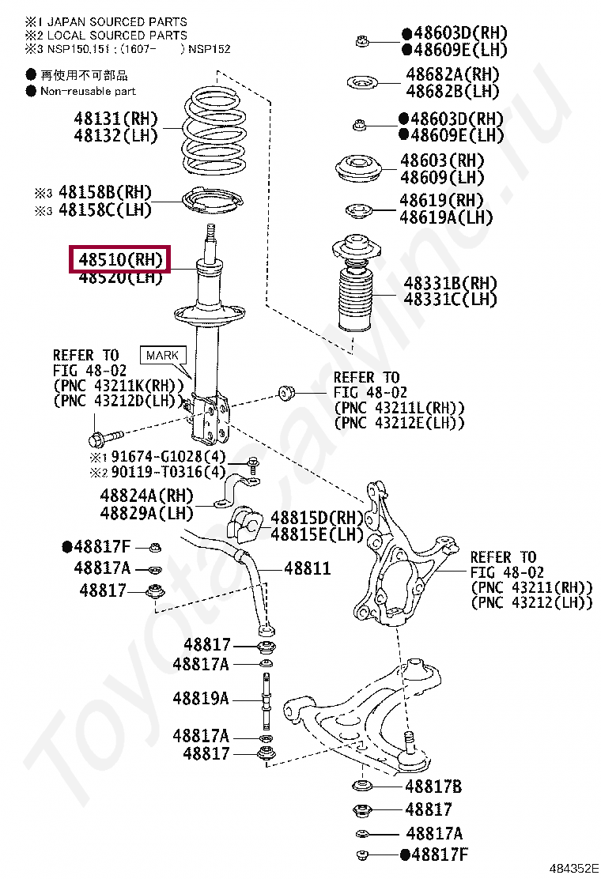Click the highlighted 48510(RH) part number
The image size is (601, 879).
click(x=120, y=258)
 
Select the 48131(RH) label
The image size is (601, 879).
click(x=115, y=119)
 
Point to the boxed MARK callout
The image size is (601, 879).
click(x=162, y=355)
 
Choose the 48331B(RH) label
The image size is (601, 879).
click(x=450, y=283)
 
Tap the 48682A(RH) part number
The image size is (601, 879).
click(x=452, y=74)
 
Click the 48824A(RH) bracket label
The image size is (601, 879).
click(x=146, y=496)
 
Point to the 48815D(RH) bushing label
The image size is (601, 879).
click(x=316, y=518)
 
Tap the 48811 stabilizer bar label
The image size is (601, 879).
click(x=307, y=568)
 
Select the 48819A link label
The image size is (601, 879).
click(x=201, y=698)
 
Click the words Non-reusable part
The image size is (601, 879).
click(x=88, y=91)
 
